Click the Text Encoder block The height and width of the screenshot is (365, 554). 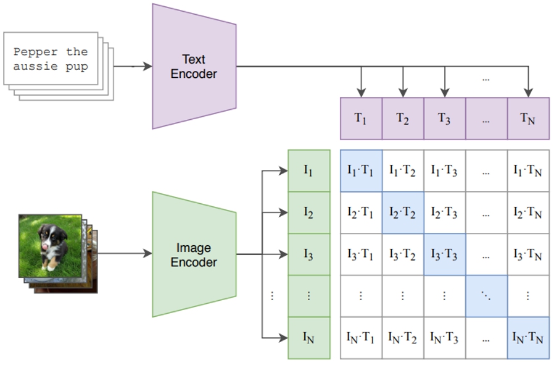(x=194, y=67)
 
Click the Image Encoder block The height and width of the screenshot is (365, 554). (x=194, y=254)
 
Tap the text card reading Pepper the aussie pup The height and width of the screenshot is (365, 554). (x=51, y=59)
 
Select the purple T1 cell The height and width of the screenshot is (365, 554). (x=361, y=119)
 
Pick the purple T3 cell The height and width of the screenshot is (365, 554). (x=444, y=119)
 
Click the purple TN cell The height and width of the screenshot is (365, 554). (x=527, y=119)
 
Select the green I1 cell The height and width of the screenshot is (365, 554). (x=308, y=171)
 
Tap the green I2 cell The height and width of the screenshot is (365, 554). (x=308, y=212)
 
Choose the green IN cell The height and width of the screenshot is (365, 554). (x=308, y=337)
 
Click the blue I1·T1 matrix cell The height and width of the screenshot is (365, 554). (x=361, y=171)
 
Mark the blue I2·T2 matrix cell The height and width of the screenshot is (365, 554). (x=402, y=212)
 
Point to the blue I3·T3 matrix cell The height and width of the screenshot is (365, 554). (x=444, y=254)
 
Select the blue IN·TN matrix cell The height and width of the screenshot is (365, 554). (x=527, y=338)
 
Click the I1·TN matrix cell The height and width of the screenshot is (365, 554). (x=527, y=171)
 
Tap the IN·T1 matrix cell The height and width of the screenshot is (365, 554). (x=361, y=338)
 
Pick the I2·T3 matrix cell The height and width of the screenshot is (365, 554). (x=444, y=212)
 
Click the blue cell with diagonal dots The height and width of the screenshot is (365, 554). (x=486, y=296)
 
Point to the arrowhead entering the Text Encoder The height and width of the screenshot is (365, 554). (x=147, y=66)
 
